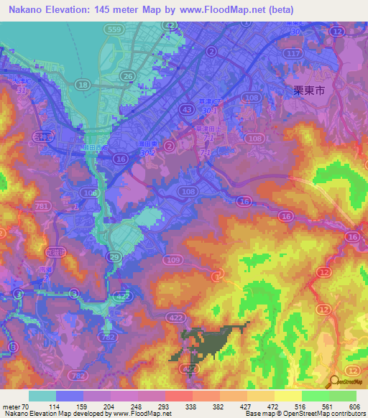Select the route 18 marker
coord(83,85)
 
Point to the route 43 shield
coord(186,108)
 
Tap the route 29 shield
coord(114,256)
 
